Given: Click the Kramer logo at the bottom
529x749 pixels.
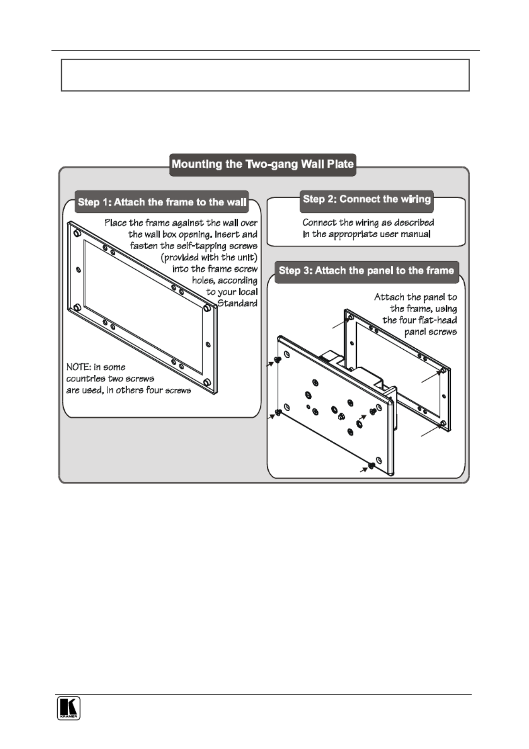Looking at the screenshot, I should pos(69,708).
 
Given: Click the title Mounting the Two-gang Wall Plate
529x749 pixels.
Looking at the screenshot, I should pos(263,164).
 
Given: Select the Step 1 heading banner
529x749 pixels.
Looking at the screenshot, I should pos(162,202).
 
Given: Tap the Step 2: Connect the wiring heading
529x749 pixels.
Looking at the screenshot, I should pos(366,199).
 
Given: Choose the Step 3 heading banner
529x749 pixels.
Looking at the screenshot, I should pos(366,271).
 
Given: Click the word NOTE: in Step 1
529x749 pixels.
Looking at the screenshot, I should pos(78,367).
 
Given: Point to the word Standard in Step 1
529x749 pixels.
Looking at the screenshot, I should pos(237,304).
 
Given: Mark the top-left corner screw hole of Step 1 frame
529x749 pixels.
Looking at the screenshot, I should pos(76,233).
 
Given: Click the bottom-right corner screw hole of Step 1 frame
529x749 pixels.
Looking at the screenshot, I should pos(207,383).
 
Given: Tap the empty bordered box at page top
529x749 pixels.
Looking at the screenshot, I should pos(265,75).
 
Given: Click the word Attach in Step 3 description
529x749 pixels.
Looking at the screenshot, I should pos(389,297).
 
